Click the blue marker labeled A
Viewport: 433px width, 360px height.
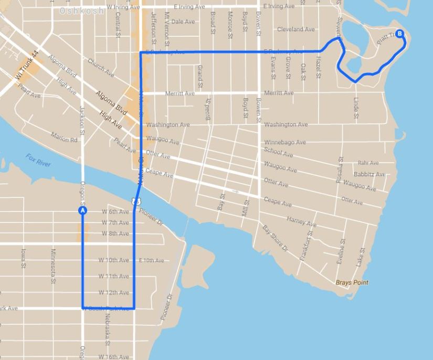82,210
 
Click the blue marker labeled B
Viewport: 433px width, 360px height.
399,34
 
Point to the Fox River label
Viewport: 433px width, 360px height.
38,160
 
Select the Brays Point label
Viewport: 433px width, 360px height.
352,282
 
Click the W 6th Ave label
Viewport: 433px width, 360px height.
115,211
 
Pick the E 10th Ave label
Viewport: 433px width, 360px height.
152,260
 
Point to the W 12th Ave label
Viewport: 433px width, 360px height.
114,292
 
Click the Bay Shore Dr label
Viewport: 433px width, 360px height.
275,238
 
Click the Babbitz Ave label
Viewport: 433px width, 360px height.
369,174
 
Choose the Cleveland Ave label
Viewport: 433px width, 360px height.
296,29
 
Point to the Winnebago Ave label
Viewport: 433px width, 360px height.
285,142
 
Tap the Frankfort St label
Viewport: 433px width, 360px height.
305,246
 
